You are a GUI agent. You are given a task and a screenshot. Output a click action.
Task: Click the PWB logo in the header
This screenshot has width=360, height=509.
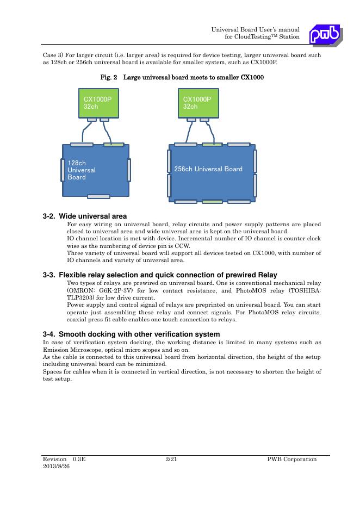(325, 35)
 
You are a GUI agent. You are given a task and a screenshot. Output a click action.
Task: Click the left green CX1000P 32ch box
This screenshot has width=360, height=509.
(98, 103)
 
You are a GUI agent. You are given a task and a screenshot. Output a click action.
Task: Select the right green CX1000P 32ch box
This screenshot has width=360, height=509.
(198, 103)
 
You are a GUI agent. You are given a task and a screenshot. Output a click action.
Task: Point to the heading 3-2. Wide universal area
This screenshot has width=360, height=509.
(84, 216)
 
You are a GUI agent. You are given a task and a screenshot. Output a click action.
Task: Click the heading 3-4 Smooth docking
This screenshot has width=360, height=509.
(131, 334)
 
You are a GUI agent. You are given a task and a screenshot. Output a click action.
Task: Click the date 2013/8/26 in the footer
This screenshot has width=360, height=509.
(57, 467)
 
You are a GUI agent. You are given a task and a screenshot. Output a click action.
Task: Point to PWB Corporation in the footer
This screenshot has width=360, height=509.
(292, 460)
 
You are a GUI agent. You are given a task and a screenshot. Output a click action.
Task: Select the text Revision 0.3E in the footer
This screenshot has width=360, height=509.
(64, 460)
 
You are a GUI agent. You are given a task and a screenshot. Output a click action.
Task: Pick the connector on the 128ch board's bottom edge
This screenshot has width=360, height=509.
(98, 196)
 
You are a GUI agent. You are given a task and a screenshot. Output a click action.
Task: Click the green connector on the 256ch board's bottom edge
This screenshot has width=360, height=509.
(212, 202)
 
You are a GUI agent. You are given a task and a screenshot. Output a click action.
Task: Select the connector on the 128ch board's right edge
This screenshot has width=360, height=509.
(129, 170)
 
